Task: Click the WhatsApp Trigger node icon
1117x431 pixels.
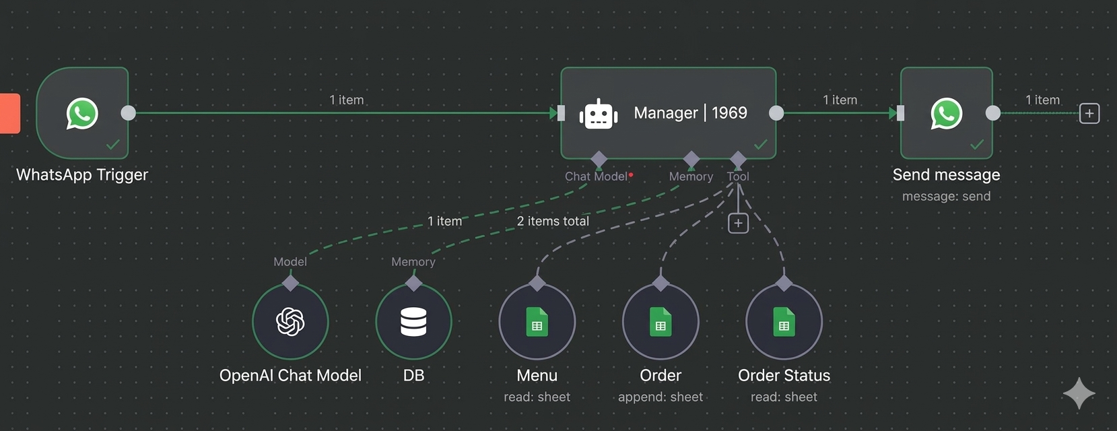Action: pos(82,113)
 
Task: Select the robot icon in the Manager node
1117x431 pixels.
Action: pos(599,114)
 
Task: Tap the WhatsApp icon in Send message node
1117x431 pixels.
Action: pos(946,113)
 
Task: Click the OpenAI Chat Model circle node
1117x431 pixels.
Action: pos(290,322)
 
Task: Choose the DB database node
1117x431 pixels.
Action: pos(413,322)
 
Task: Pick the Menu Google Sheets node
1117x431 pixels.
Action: pos(537,322)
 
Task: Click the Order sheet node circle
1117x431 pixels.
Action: pos(661,322)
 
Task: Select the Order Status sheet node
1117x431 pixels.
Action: pos(784,322)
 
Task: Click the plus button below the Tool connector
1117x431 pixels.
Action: pos(738,223)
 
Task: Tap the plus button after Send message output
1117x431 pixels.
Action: pos(1089,113)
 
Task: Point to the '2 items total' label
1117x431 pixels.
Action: pos(553,221)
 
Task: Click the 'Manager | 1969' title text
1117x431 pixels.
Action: pos(690,112)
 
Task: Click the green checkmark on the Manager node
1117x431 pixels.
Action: pos(761,144)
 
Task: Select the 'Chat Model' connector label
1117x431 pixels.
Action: pos(596,176)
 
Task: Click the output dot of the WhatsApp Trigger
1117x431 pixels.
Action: pos(128,113)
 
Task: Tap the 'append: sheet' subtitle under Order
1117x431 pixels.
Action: pos(661,397)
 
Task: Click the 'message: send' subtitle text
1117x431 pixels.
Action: pos(946,197)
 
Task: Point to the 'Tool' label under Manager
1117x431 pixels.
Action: pos(738,176)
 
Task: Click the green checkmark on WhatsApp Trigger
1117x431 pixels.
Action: pos(113,144)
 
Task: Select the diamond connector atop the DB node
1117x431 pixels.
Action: pos(413,283)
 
